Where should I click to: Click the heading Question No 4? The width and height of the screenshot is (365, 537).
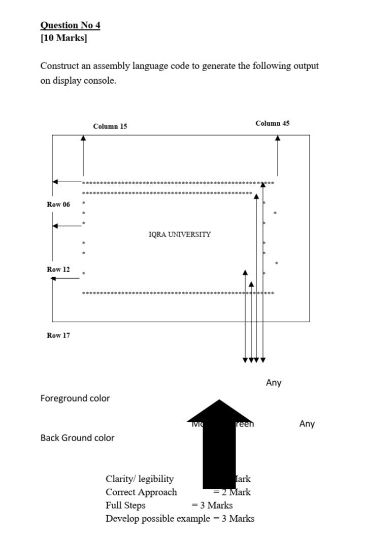tap(70, 25)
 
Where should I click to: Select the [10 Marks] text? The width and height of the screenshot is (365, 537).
tap(63, 39)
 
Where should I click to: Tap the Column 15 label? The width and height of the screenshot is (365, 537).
tap(110, 126)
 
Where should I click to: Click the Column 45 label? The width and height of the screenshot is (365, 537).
tap(273, 123)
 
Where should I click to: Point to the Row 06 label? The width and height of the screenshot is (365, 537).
tap(58, 205)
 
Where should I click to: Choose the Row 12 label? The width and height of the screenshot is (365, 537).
tap(58, 270)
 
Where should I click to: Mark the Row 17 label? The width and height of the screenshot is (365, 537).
tap(58, 335)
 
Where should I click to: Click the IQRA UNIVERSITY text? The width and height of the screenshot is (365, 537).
tap(180, 234)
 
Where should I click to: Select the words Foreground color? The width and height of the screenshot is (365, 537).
tap(75, 398)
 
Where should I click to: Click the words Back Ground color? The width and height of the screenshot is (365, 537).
tap(78, 438)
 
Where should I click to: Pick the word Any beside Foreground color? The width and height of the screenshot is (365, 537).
tap(274, 383)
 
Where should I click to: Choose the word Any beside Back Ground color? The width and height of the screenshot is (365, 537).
tap(307, 424)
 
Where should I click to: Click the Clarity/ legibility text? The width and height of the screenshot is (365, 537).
tap(140, 479)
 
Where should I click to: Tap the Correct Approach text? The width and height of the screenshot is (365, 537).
tap(141, 492)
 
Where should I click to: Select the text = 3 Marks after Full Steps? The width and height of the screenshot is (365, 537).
tap(212, 505)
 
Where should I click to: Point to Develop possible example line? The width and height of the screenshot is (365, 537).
tap(180, 518)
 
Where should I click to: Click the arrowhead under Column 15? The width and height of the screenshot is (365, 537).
tap(84, 138)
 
